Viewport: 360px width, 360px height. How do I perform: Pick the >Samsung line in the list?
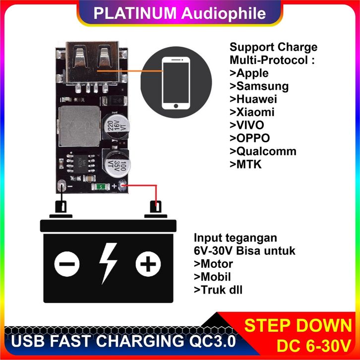(x=259, y=86)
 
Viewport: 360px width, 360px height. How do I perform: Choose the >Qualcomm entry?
(x=263, y=151)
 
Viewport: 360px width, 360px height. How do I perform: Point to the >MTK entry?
(x=245, y=164)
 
